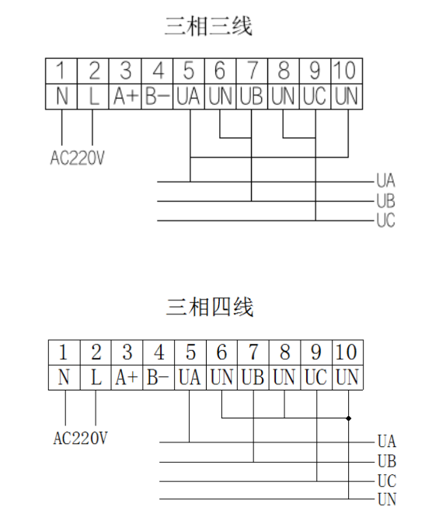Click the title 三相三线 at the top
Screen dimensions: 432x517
(208, 26)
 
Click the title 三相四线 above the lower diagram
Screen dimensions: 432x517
(210, 307)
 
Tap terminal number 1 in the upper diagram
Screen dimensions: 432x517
(61, 70)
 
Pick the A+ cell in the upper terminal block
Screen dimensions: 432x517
(125, 96)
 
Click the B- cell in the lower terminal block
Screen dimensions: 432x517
(158, 377)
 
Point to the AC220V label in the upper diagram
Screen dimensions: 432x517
(78, 158)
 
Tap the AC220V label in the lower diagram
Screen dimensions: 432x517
(81, 439)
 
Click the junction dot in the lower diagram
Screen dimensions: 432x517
(349, 418)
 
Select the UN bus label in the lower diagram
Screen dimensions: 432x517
(387, 499)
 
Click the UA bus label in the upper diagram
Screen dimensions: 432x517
(386, 180)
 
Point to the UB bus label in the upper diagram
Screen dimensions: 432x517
(386, 200)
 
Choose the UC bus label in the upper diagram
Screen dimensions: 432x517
(386, 220)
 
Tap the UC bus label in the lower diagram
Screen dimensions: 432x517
(387, 481)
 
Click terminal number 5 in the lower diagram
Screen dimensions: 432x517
(190, 352)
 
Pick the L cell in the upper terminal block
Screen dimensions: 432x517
(94, 96)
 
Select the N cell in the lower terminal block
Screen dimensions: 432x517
(64, 377)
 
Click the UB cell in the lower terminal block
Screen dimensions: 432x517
(253, 377)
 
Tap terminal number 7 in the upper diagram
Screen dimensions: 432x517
(252, 70)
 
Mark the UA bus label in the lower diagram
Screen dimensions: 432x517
(387, 441)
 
